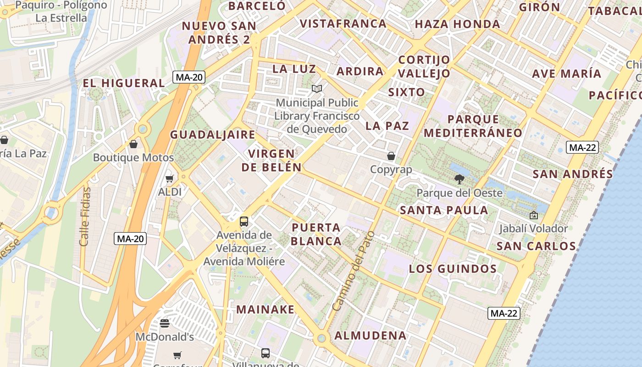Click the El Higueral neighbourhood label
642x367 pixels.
point(123,83)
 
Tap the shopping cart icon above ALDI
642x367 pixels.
point(170,178)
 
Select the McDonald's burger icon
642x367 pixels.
point(165,323)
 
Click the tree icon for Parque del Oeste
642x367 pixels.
point(459,179)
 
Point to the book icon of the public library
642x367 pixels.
point(317,89)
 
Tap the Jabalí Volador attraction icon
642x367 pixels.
point(533,215)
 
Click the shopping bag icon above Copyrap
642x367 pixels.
point(391,156)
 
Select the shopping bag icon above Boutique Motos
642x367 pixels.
point(133,144)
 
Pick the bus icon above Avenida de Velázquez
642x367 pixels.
point(244,222)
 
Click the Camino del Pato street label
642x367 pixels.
point(354,271)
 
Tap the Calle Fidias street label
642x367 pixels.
point(85,216)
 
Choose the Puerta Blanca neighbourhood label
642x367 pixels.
point(316,234)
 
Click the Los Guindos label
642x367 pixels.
point(453,269)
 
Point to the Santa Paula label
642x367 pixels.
point(444,210)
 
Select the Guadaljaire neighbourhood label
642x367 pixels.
point(213,134)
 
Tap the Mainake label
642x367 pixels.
point(266,309)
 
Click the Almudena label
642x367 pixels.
point(370,335)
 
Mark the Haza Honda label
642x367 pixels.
point(457,24)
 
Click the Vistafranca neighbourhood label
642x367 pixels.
point(343,23)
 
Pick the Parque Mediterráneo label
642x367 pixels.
point(473,126)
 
